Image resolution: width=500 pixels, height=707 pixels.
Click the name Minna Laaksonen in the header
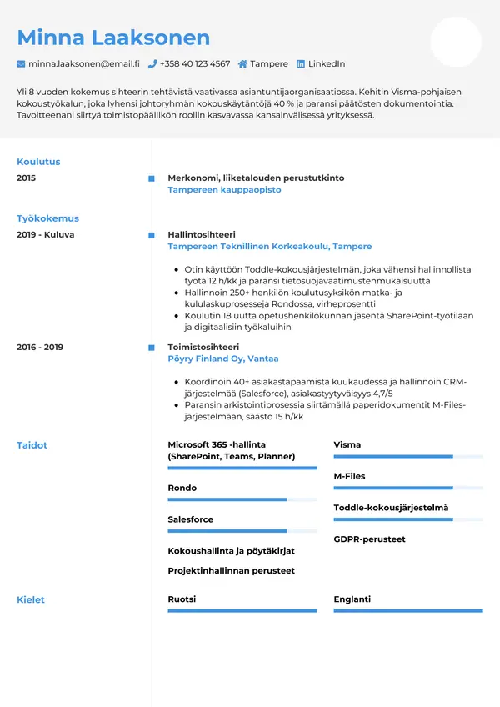[113, 38]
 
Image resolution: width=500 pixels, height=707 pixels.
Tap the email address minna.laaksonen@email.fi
[83, 64]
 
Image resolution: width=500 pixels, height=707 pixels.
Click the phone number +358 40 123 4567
[195, 64]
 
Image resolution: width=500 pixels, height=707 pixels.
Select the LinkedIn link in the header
[326, 64]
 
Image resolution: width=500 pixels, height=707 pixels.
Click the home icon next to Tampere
[242, 64]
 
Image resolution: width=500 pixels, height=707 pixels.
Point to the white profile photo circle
[456, 42]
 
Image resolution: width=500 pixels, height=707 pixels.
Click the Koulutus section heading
[38, 162]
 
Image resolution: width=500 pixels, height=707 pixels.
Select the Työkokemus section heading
[47, 218]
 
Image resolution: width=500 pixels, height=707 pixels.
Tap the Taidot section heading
[32, 445]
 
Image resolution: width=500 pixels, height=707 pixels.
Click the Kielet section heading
[31, 599]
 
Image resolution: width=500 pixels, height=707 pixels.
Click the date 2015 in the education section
[26, 178]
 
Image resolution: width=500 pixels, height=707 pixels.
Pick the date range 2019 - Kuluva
[45, 235]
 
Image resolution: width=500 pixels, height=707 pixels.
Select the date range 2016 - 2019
[40, 347]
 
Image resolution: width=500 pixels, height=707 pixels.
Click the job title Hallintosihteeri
[202, 235]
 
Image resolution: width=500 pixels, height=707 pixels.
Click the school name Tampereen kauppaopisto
[224, 190]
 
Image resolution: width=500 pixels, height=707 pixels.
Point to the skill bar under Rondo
[242, 499]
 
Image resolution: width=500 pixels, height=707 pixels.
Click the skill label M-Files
[349, 476]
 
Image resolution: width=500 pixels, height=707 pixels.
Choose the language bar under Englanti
[408, 611]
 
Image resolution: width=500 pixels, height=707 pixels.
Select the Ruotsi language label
[182, 599]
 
